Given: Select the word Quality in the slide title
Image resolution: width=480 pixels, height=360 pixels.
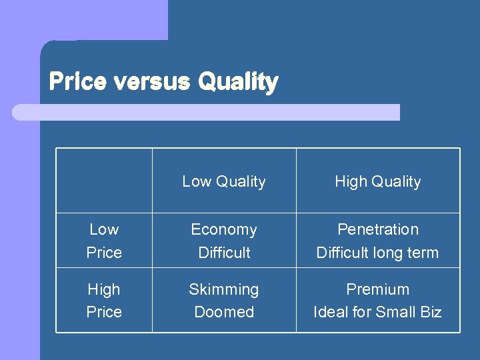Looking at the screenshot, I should click(x=238, y=83).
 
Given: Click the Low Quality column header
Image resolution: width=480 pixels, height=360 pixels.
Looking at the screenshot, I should click(x=224, y=181).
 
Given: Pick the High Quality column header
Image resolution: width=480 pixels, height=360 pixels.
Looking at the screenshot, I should click(x=377, y=181).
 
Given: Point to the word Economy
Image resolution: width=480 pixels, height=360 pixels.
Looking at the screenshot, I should click(x=224, y=229).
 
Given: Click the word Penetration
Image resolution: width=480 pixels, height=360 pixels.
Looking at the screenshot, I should click(x=377, y=229).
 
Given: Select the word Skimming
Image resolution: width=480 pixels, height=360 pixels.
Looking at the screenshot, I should click(x=224, y=289).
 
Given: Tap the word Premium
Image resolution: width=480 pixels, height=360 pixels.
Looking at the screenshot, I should click(x=377, y=289).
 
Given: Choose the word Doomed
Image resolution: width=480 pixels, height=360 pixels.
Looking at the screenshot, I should click(x=224, y=312).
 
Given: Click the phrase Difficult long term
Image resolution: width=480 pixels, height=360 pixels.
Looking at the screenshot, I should click(x=377, y=253).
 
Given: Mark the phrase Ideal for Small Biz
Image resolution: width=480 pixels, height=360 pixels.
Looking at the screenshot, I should click(x=377, y=312).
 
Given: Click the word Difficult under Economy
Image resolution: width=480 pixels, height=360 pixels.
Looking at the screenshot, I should click(x=224, y=253).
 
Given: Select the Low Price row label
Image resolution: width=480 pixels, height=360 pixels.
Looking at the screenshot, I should click(x=104, y=241).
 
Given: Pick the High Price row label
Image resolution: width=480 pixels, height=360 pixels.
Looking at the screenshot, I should click(x=104, y=301).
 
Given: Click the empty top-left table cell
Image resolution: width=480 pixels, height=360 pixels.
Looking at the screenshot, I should click(x=104, y=181).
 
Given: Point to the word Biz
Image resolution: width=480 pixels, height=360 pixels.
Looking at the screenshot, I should click(x=428, y=312).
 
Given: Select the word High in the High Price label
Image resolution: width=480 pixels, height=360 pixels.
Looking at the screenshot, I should click(x=104, y=289).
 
